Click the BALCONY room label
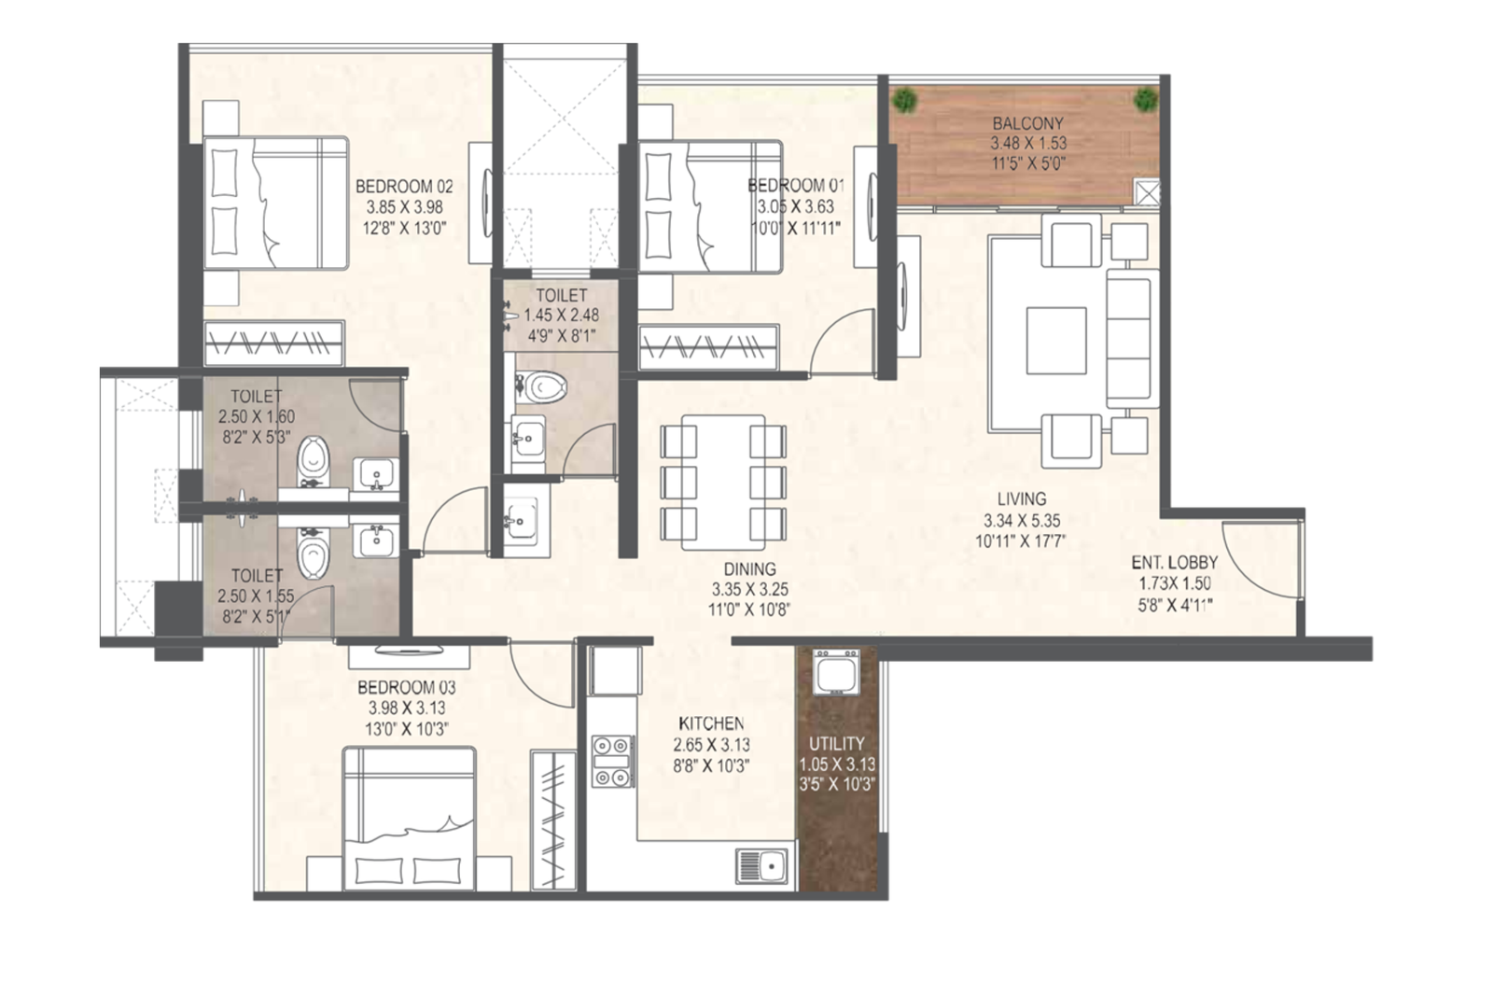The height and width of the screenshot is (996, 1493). pyautogui.click(x=1027, y=123)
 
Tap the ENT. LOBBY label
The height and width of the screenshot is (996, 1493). pyautogui.click(x=1175, y=563)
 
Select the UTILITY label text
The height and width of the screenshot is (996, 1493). pyautogui.click(x=836, y=743)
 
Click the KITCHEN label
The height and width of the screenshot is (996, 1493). pyautogui.click(x=711, y=723)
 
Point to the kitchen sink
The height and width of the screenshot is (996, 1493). pyautogui.click(x=761, y=866)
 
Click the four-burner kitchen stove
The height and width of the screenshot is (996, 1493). pyautogui.click(x=612, y=761)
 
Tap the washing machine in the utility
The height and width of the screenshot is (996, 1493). pyautogui.click(x=836, y=672)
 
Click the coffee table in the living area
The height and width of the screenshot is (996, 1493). pyautogui.click(x=1056, y=340)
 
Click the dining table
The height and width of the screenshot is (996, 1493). pyautogui.click(x=723, y=482)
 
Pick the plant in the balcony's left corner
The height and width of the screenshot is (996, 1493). pyautogui.click(x=904, y=100)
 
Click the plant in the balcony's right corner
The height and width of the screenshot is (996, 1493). pyautogui.click(x=1145, y=100)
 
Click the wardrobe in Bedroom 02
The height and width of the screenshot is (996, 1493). pyautogui.click(x=274, y=344)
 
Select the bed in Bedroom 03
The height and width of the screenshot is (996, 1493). pyautogui.click(x=410, y=818)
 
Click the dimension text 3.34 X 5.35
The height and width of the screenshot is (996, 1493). pyautogui.click(x=1021, y=520)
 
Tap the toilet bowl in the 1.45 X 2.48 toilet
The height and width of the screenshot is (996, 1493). pyautogui.click(x=541, y=386)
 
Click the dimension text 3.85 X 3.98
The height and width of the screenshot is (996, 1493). pyautogui.click(x=405, y=206)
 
